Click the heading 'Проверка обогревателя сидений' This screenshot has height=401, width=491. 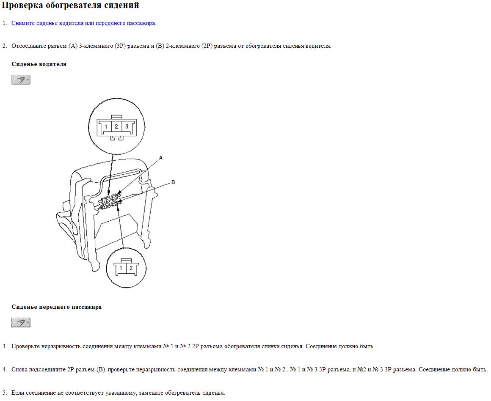70,5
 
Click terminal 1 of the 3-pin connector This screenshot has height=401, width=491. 106,126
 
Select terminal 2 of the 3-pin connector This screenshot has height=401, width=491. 116,126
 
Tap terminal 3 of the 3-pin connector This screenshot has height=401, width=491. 127,126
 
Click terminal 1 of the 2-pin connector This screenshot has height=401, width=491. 121,268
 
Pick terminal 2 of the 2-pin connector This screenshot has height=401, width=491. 131,268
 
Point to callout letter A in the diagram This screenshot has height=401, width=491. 161,158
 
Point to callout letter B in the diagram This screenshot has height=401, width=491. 173,182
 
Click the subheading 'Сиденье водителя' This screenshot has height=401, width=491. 39,64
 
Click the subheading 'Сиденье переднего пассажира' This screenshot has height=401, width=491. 56,307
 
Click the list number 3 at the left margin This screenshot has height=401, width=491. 4,346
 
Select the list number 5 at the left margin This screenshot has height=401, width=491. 4,393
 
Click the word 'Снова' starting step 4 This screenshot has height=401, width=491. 19,369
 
